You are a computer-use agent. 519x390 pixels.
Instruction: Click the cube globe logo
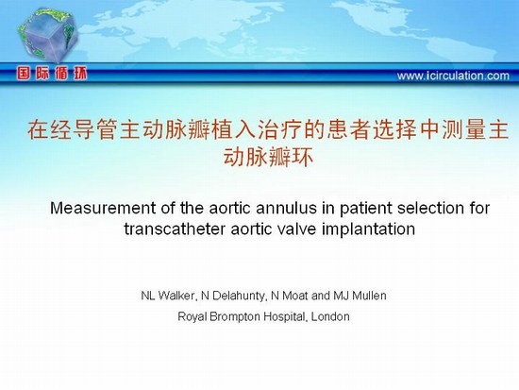pos(48,35)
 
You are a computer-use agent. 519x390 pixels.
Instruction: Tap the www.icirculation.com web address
pos(453,76)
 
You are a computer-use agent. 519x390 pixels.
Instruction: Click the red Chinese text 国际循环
pos(52,74)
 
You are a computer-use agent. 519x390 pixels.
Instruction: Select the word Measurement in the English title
pos(103,208)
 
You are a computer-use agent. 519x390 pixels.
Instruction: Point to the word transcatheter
pos(175,229)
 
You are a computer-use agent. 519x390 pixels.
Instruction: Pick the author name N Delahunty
pos(234,296)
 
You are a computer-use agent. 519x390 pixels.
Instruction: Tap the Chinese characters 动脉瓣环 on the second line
pos(268,157)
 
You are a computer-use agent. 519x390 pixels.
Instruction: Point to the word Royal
pos(192,317)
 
